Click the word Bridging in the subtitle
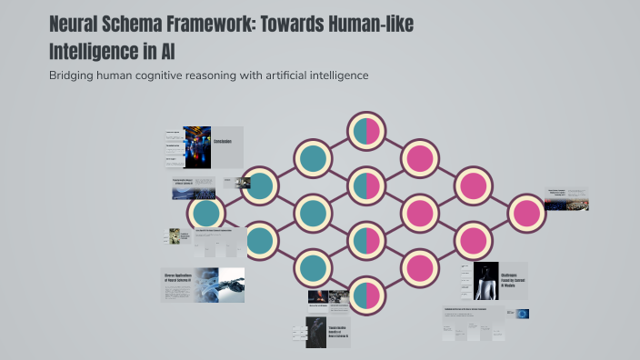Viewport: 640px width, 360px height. [74, 75]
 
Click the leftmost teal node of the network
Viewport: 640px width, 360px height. [206, 213]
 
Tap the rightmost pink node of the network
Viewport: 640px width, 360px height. [525, 213]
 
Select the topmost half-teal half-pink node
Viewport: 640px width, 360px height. [365, 131]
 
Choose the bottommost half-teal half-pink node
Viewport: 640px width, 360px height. [365, 295]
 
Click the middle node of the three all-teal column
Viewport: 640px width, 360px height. [312, 213]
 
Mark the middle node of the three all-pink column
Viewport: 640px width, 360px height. [419, 213]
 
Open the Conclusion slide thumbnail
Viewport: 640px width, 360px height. [204, 146]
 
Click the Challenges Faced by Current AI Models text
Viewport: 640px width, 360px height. [514, 279]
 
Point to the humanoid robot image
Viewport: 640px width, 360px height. [486, 281]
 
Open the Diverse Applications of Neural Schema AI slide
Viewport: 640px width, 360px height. [203, 285]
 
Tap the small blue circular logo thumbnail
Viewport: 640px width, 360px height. [523, 314]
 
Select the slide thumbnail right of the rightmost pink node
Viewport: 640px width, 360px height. [566, 199]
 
